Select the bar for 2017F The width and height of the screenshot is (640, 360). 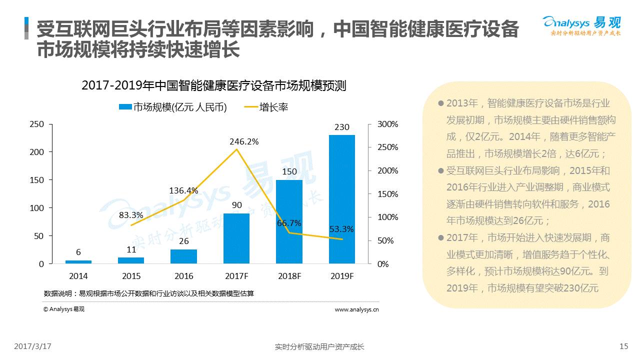(236, 238)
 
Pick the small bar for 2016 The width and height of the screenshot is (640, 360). (183, 256)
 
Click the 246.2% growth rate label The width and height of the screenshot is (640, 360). (244, 141)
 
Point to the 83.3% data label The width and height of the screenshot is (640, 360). (131, 215)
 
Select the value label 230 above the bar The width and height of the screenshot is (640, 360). (342, 127)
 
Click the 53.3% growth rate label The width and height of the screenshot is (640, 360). (341, 229)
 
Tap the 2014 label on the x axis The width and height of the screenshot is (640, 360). (78, 276)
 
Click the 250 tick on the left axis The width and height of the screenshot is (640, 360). (37, 124)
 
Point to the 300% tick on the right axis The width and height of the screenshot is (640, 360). (387, 124)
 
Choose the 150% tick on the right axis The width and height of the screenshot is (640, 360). (387, 194)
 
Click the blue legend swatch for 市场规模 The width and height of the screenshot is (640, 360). (125, 107)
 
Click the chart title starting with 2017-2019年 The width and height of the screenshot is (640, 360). (213, 85)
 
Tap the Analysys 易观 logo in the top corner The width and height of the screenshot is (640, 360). (581, 26)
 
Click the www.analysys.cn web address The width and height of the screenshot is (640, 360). (356, 309)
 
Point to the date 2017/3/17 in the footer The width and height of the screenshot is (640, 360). (32, 346)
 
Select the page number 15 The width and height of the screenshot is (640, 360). (623, 346)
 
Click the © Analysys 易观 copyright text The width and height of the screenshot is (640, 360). (64, 309)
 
